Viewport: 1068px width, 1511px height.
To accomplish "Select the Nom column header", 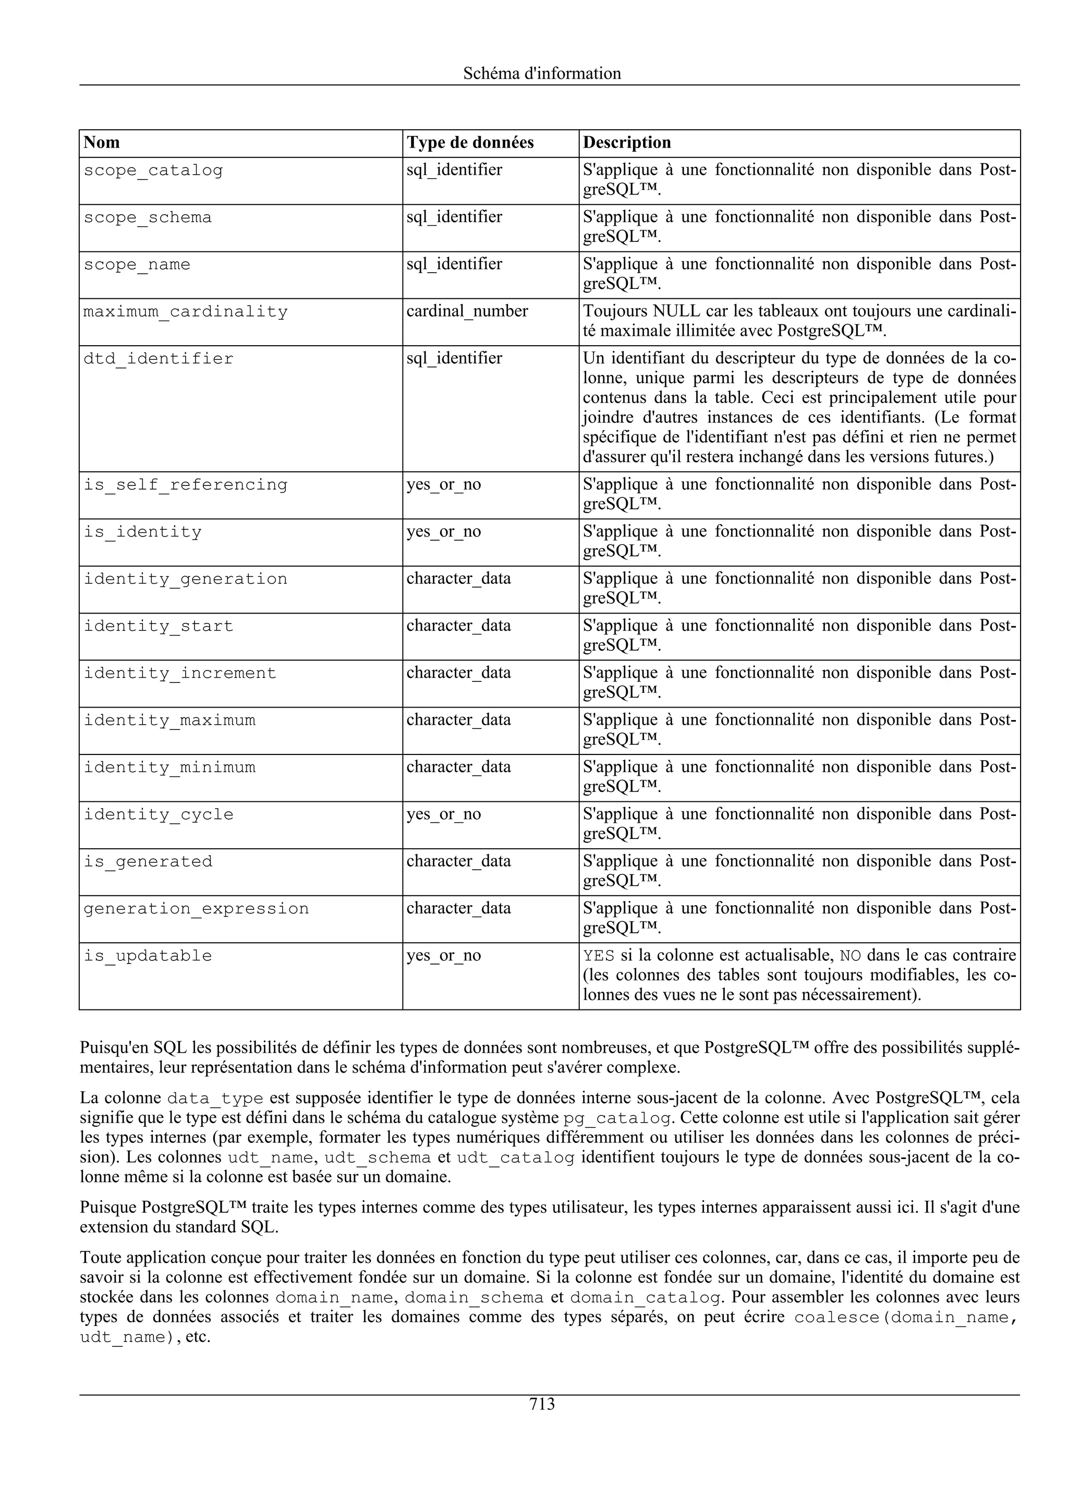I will click(x=102, y=143).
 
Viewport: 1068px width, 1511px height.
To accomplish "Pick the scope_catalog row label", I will click(x=153, y=170).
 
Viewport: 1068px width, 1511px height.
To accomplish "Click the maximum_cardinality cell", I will click(x=185, y=312).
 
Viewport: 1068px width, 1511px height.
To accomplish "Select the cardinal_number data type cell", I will click(x=467, y=311).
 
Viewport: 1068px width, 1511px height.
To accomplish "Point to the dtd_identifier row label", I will click(x=158, y=359).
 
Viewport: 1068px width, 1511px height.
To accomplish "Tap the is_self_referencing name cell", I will click(x=185, y=485).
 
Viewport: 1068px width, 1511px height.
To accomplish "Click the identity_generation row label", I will click(x=185, y=579).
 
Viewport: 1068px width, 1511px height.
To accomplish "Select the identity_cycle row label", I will click(x=158, y=815).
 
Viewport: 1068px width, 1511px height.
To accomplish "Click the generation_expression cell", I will click(x=196, y=909).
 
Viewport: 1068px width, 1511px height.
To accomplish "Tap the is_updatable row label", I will click(x=148, y=956).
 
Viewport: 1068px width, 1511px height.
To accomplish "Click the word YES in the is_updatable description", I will click(x=598, y=956).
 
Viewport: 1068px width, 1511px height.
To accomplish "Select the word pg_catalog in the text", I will click(x=618, y=1118).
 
